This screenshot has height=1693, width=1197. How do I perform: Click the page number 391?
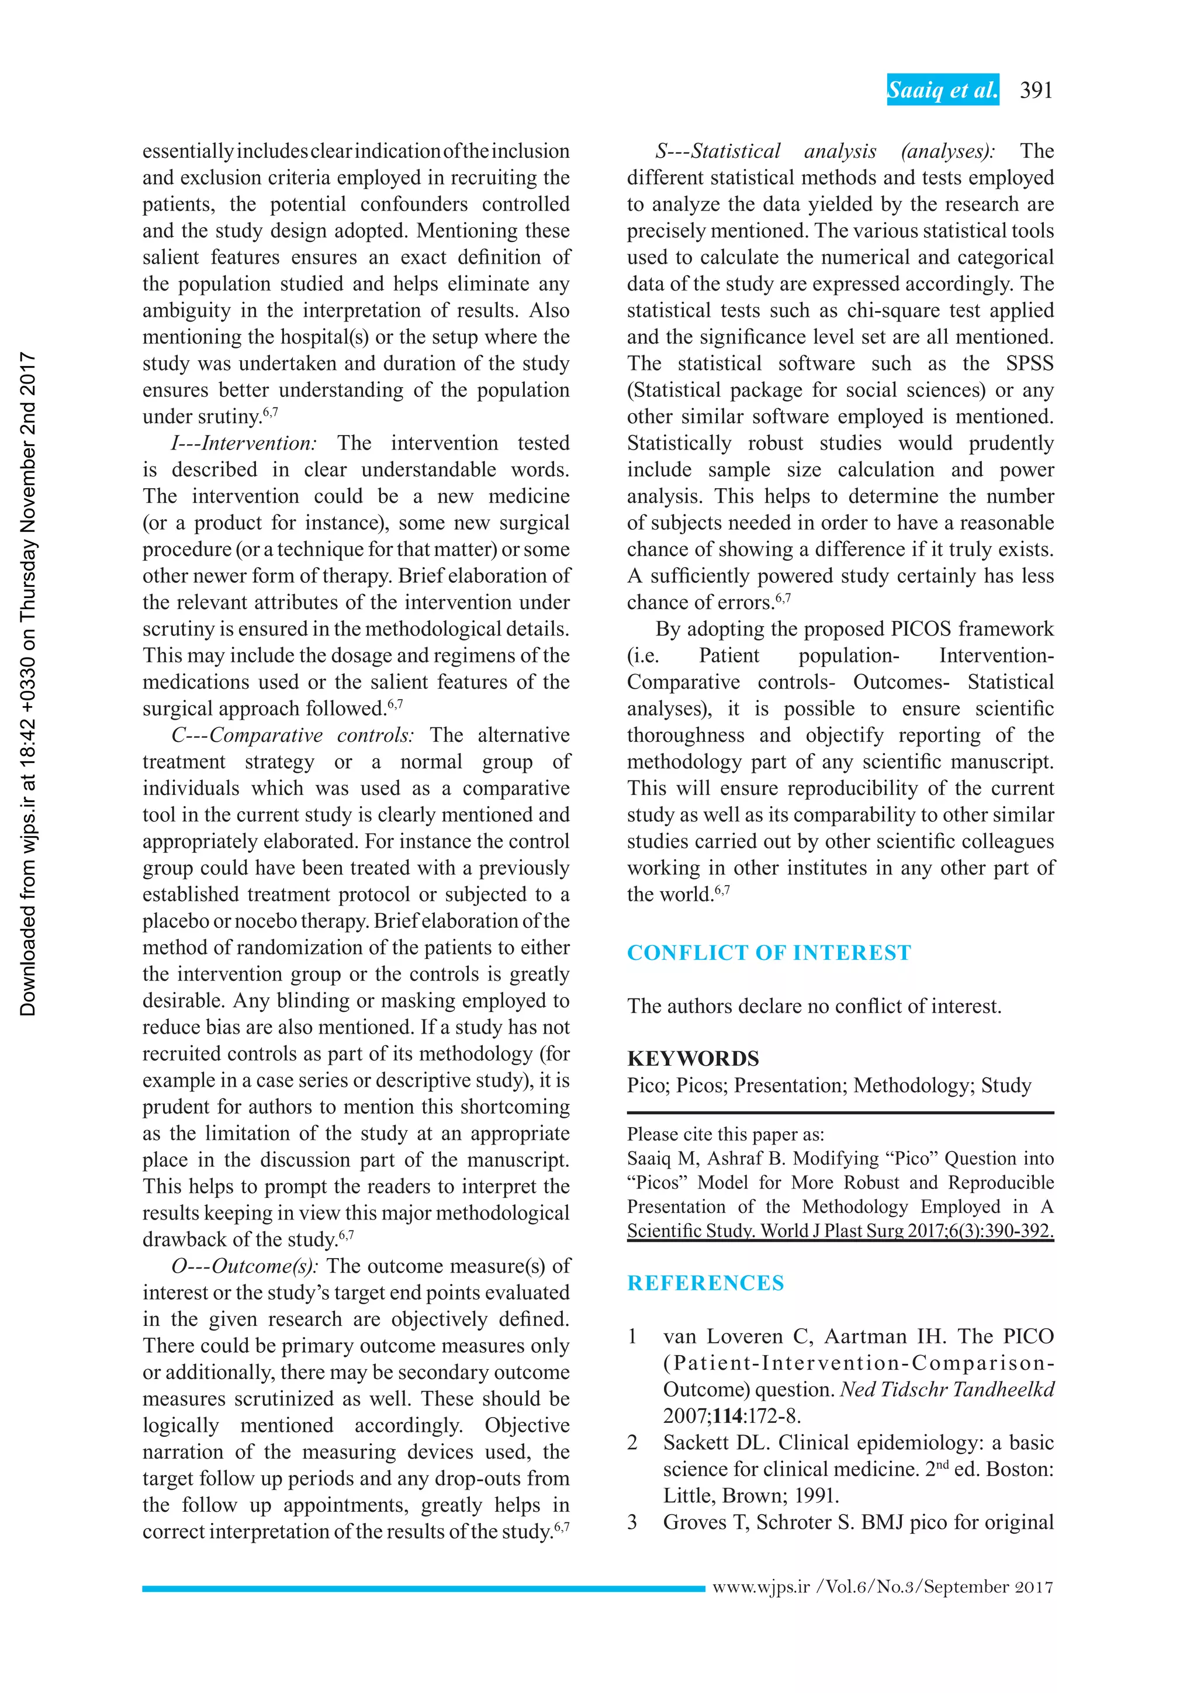tap(1036, 90)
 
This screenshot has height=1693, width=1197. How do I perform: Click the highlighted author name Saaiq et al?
tap(943, 90)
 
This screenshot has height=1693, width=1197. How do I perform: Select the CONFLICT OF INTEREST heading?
tap(769, 953)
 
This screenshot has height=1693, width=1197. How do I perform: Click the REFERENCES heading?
tap(705, 1283)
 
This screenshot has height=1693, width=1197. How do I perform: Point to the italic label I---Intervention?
tap(244, 443)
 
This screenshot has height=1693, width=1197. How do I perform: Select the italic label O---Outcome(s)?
tap(245, 1266)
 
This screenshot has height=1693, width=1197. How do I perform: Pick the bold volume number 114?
tap(728, 1416)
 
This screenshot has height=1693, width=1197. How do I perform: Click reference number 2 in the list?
tap(632, 1442)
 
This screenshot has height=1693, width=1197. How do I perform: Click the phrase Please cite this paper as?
tap(725, 1134)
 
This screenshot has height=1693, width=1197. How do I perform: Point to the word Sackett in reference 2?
tap(695, 1442)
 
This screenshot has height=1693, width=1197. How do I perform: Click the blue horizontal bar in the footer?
tap(423, 1589)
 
